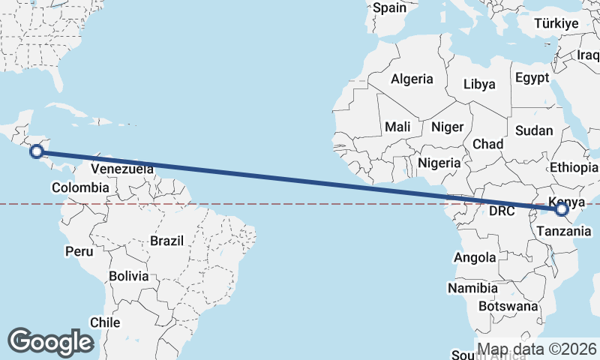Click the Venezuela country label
pyautogui.click(x=121, y=168)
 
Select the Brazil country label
pyautogui.click(x=166, y=241)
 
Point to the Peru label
pyautogui.click(x=79, y=250)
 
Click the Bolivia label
pyautogui.click(x=128, y=276)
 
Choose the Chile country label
pyautogui.click(x=105, y=322)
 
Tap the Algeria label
pyautogui.click(x=412, y=79)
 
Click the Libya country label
pyautogui.click(x=479, y=84)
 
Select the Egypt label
pyautogui.click(x=532, y=78)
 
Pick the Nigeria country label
pyautogui.click(x=439, y=162)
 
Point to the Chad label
pyautogui.click(x=487, y=144)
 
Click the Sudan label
pyautogui.click(x=534, y=130)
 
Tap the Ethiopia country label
pyautogui.click(x=574, y=167)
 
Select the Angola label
pyautogui.click(x=475, y=258)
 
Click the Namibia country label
pyautogui.click(x=472, y=288)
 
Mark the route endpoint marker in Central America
pyautogui.click(x=35, y=152)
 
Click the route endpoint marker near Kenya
pyautogui.click(x=563, y=210)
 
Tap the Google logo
pyautogui.click(x=50, y=342)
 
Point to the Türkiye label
pyautogui.click(x=556, y=23)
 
